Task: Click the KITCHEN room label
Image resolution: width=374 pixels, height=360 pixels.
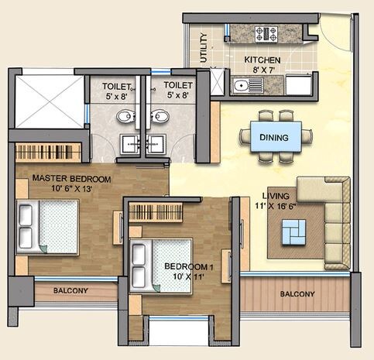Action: (262, 59)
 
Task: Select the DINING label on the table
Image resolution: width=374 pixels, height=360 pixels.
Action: (275, 138)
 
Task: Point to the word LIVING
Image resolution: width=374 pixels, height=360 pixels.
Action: (275, 196)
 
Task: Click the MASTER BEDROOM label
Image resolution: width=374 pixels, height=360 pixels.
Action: (71, 179)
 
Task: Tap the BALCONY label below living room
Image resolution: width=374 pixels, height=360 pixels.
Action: (297, 294)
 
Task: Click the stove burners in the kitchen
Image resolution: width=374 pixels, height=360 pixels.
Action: (266, 33)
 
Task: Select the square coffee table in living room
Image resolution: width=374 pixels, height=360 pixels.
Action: (293, 229)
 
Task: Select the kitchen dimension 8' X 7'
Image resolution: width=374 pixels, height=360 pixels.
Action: (262, 70)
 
